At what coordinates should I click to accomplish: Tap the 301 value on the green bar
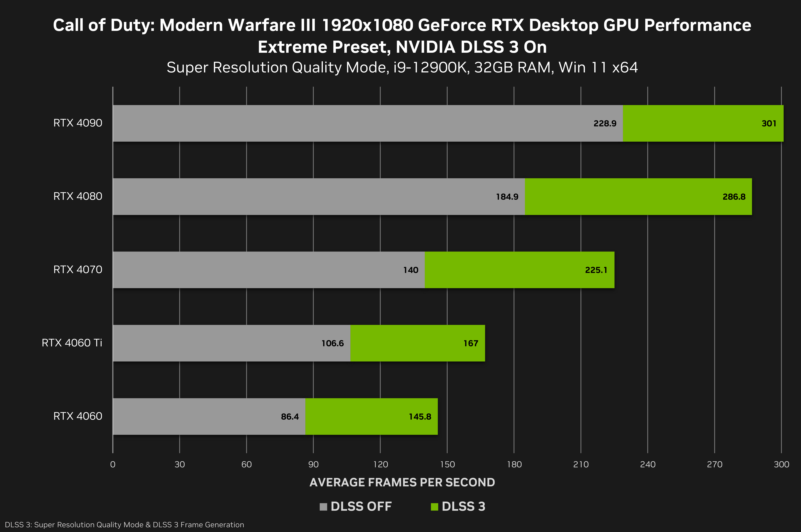pyautogui.click(x=769, y=123)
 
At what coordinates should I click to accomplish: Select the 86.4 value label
pyautogui.click(x=290, y=417)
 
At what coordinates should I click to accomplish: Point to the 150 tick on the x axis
pyautogui.click(x=447, y=465)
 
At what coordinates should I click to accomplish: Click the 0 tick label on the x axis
pyautogui.click(x=113, y=465)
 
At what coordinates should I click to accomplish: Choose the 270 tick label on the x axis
pyautogui.click(x=715, y=465)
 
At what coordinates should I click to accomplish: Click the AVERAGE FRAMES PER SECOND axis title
pyautogui.click(x=402, y=483)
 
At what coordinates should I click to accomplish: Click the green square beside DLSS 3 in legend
pyautogui.click(x=434, y=507)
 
